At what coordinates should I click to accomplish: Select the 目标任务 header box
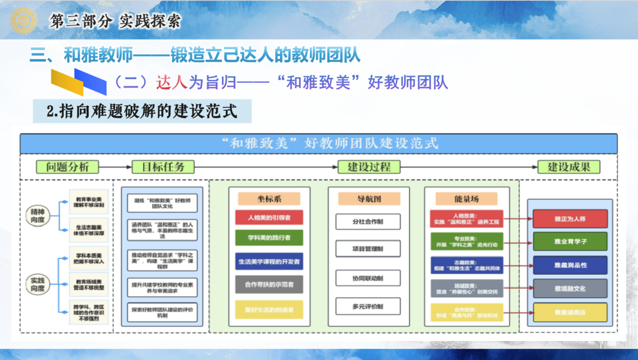tap(159, 167)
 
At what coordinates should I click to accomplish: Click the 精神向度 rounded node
tap(38, 214)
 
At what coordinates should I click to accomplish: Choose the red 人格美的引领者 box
tap(269, 218)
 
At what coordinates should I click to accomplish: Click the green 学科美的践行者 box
tap(269, 239)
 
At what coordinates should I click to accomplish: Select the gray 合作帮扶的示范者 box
tap(269, 284)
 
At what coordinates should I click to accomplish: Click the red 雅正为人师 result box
tap(569, 218)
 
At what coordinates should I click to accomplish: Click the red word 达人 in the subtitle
tap(172, 82)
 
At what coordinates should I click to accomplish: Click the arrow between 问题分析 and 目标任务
tap(112, 167)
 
